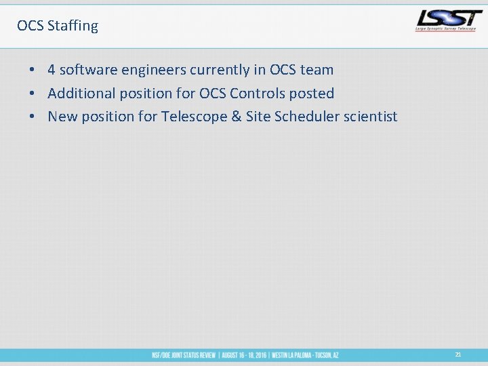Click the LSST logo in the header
pos(449,20)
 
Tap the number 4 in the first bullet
pos(52,70)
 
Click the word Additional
pos(79,93)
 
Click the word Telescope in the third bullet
pos(194,117)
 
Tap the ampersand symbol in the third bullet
pos(237,117)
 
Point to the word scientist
pos(371,117)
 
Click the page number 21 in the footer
pos(458,354)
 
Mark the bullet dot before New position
pos(31,117)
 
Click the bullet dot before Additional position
pos(31,94)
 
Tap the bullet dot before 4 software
pos(31,70)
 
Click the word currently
pos(220,70)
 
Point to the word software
pos(88,70)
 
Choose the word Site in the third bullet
pos(258,117)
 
